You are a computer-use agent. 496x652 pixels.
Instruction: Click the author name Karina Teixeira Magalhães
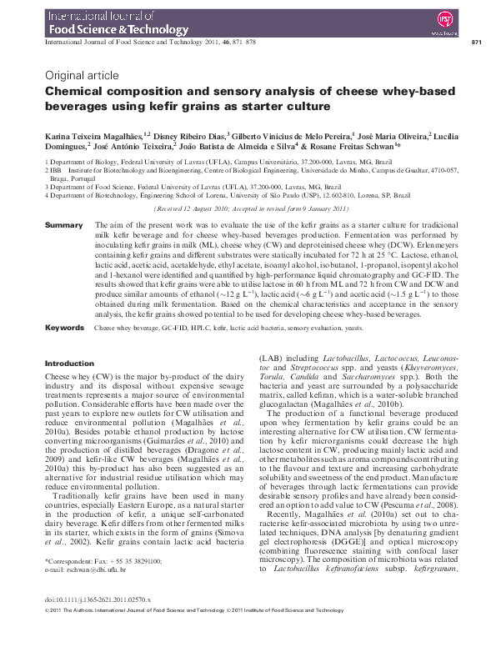(x=92, y=133)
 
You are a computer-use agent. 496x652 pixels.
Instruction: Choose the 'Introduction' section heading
(x=69, y=364)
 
